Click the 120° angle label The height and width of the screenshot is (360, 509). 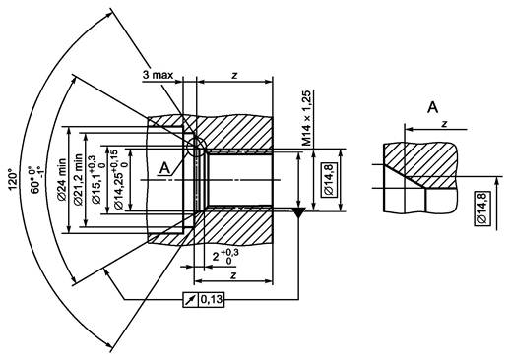[x=13, y=179]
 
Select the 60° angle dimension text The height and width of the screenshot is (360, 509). [x=35, y=180]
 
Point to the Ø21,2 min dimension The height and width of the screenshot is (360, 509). [x=79, y=180]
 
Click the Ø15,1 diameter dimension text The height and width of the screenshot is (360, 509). [x=97, y=180]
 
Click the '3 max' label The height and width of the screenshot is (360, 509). [x=158, y=75]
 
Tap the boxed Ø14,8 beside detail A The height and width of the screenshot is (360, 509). [x=481, y=209]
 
